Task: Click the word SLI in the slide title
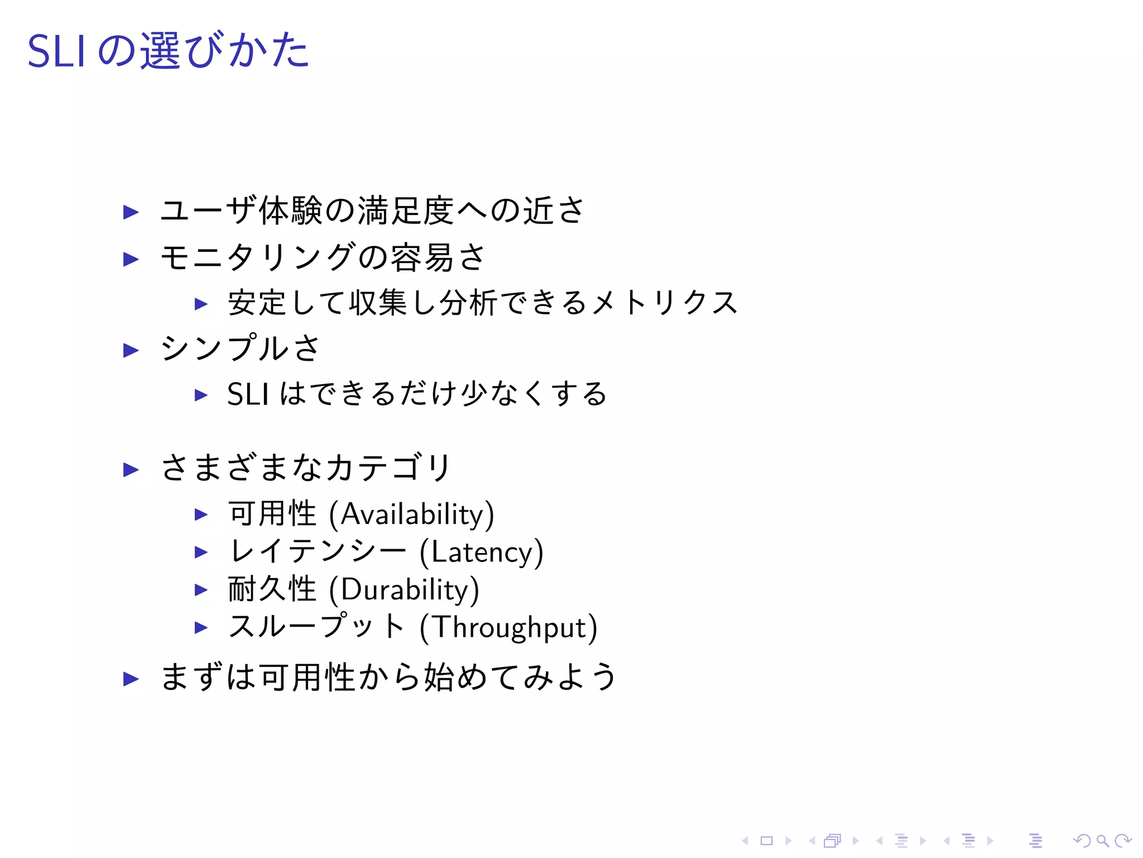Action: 56,51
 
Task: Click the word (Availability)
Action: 411,514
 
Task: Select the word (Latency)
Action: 481,552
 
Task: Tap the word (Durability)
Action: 404,590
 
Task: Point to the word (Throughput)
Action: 508,627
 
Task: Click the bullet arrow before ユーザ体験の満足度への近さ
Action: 131,212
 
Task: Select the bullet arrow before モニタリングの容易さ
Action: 131,259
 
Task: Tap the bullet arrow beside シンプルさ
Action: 131,350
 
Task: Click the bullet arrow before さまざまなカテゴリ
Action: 131,469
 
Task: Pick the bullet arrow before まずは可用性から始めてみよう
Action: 131,679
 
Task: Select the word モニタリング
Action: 258,258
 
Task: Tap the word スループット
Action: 316,627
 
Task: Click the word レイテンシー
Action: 318,551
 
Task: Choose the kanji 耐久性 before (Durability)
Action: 272,589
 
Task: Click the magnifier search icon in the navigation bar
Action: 1102,841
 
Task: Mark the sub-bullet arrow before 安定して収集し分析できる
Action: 201,304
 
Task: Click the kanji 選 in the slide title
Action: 160,51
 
